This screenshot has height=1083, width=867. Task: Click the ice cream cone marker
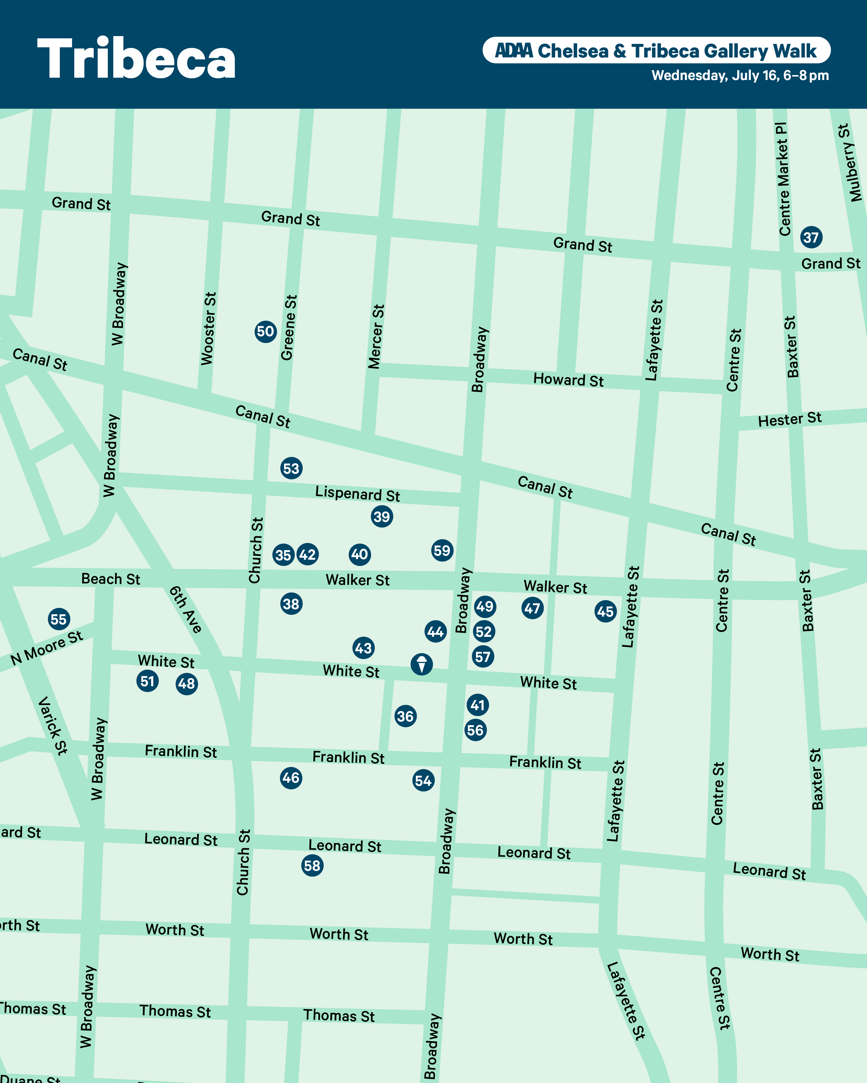[x=422, y=664]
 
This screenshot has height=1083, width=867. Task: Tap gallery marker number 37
[x=811, y=237]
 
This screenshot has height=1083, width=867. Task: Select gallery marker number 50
[x=265, y=332]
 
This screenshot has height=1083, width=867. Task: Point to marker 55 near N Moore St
[x=59, y=619]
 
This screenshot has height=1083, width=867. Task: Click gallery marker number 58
[x=312, y=866]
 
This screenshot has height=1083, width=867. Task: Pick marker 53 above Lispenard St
[x=291, y=468]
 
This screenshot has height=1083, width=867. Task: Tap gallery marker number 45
[x=605, y=611]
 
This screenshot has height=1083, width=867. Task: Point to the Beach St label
[x=111, y=579]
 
